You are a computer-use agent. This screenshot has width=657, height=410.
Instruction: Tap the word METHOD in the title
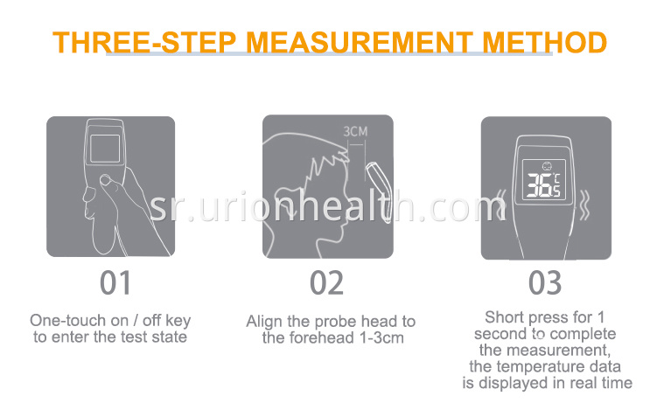click(545, 42)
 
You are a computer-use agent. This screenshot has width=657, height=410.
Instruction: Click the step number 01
click(115, 283)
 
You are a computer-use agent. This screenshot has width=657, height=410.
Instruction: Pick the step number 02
click(327, 283)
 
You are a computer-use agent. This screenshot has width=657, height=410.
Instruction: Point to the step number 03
click(545, 283)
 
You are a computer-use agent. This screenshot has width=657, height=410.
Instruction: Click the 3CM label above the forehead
click(355, 131)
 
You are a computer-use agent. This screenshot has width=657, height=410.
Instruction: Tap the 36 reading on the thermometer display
click(539, 184)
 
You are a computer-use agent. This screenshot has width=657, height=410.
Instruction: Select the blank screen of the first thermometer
click(105, 149)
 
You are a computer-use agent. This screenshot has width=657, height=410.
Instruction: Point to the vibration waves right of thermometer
click(584, 205)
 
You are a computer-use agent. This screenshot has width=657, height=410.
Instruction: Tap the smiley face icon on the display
click(547, 166)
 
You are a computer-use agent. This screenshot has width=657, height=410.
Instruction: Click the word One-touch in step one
click(68, 321)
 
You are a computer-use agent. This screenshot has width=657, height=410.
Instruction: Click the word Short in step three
click(506, 317)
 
